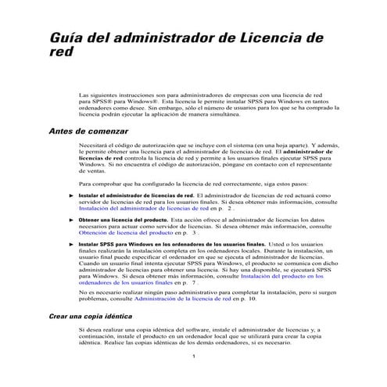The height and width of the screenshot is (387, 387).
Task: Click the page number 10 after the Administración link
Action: (x=253, y=299)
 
